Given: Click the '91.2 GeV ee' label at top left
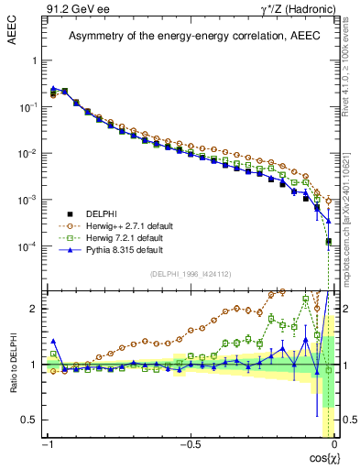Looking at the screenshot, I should (x=71, y=9).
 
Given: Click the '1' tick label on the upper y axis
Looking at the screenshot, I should (x=34, y=60).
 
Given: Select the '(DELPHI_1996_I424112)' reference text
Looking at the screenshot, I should (x=189, y=275).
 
